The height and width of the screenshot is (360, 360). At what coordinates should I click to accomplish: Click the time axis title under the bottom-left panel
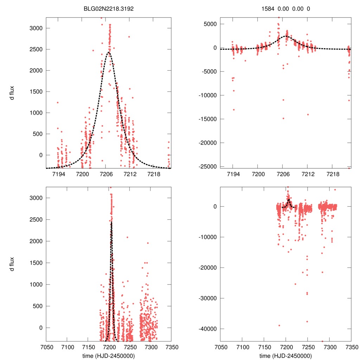click(109, 355)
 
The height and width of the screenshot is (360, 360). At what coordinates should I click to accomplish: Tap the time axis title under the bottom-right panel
click(286, 355)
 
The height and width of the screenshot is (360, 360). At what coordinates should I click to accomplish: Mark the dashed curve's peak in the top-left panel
click(109, 52)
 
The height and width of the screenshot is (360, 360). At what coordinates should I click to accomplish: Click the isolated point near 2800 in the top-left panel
click(129, 37)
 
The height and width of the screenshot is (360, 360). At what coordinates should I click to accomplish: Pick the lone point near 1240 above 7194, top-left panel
click(57, 103)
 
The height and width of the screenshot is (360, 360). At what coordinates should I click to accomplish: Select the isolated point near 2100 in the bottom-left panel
click(127, 237)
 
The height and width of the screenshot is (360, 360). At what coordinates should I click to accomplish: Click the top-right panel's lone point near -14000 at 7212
click(308, 115)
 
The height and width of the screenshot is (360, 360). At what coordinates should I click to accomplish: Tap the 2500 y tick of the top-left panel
click(37, 49)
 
